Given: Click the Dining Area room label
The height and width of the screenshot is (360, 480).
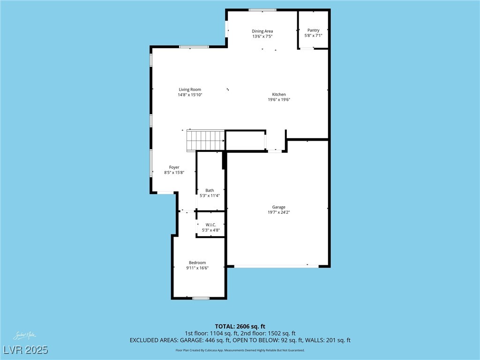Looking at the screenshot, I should click(262, 31).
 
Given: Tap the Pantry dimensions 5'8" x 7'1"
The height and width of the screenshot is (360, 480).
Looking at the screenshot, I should click(313, 35).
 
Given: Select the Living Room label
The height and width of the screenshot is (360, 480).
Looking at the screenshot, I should click(190, 90).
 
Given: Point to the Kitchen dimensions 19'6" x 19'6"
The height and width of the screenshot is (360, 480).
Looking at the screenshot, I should click(279, 99).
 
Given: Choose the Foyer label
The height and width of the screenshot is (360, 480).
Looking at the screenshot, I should click(174, 167).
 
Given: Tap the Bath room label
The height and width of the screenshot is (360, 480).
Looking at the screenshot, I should click(210, 190).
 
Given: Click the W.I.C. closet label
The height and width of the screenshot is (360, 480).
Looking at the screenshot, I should click(210, 225).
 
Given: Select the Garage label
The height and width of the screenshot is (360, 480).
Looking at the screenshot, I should click(278, 207).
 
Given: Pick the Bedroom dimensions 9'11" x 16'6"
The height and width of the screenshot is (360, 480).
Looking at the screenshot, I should click(197, 268).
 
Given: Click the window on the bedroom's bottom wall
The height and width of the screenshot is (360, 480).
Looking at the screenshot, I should click(201, 298).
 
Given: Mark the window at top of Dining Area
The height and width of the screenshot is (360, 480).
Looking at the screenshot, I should click(262, 10).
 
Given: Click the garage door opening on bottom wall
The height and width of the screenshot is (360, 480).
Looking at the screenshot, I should click(276, 266).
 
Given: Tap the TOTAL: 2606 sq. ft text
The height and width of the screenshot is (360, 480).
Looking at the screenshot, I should click(240, 326).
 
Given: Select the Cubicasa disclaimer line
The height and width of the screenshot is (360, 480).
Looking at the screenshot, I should click(240, 350).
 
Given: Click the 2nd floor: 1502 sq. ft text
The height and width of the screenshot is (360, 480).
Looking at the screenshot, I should click(269, 333).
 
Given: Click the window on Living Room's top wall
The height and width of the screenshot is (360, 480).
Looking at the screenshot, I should click(194, 46).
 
